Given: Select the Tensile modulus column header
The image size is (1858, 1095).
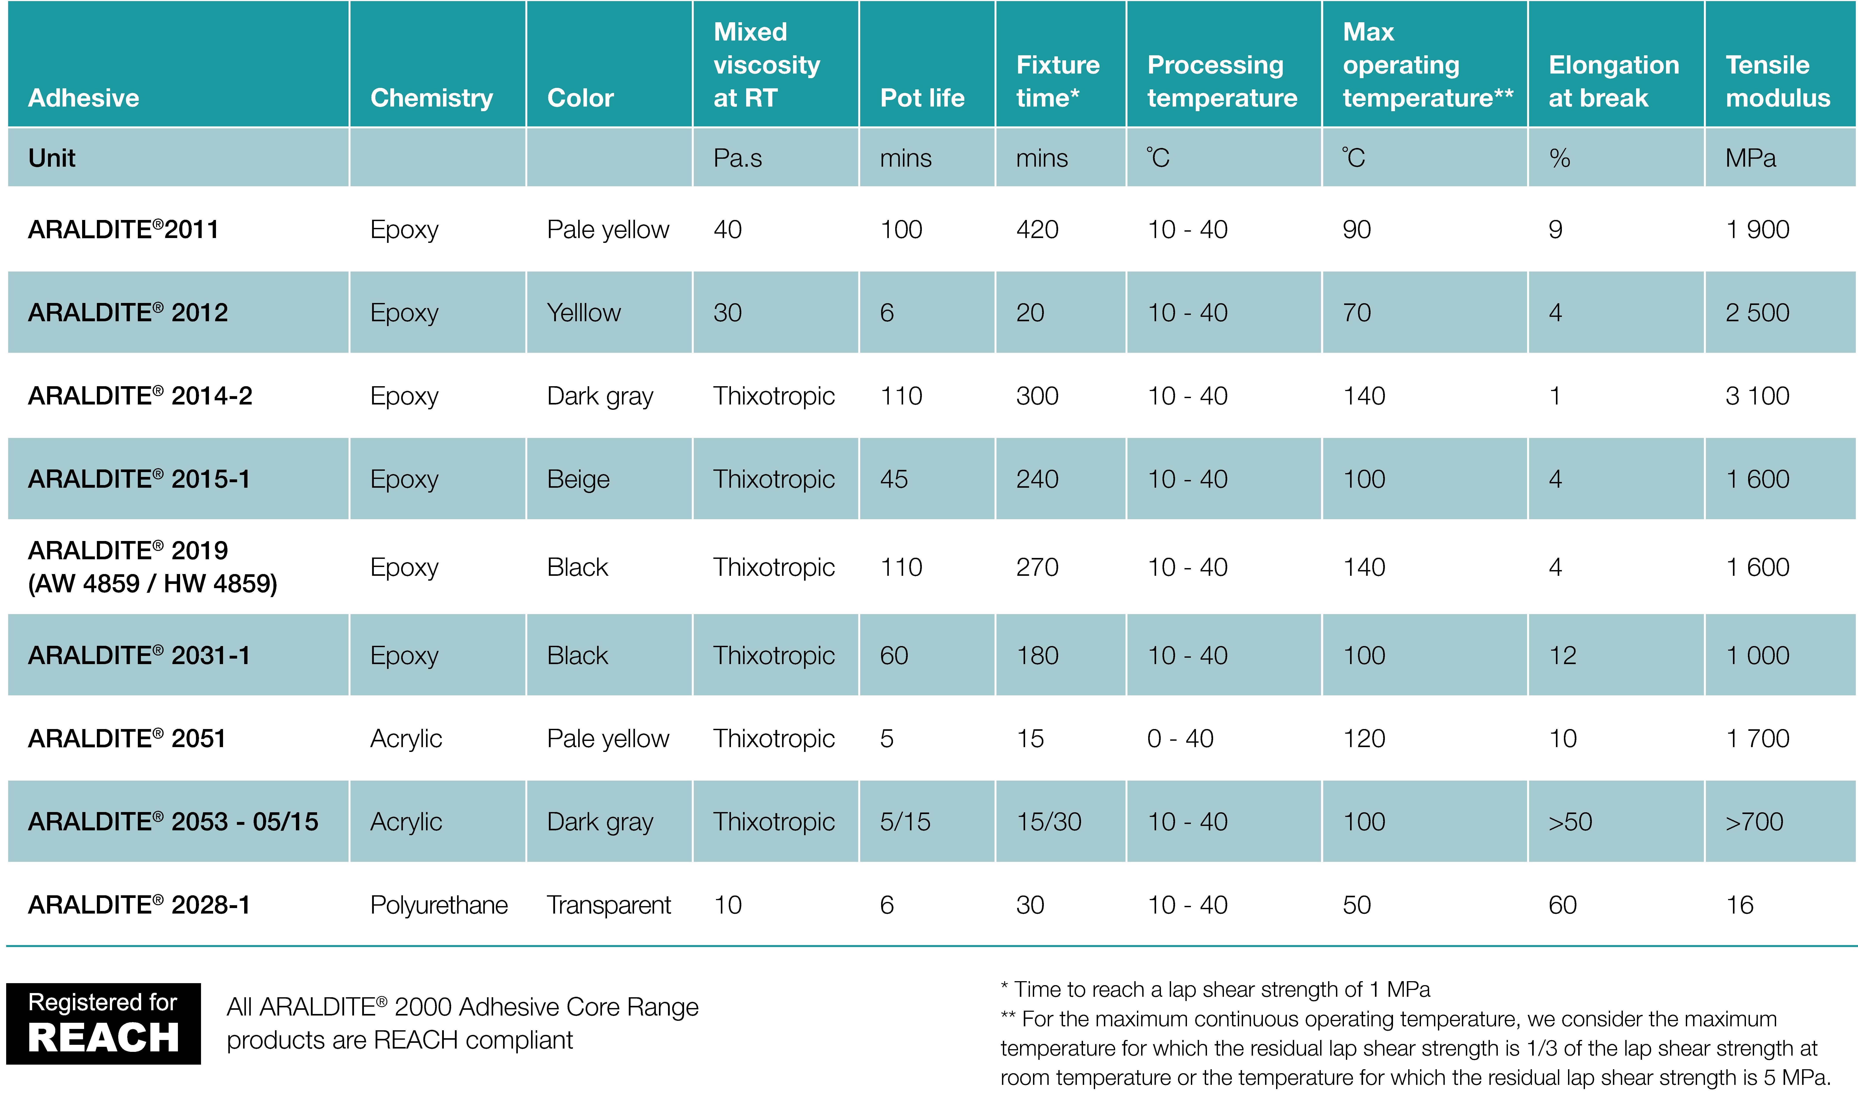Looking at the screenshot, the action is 1778,81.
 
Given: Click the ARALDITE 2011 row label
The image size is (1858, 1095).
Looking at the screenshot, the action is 123,229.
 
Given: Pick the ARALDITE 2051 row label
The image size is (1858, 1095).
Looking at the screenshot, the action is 127,739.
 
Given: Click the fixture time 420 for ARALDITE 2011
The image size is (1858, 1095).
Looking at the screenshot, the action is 1037,229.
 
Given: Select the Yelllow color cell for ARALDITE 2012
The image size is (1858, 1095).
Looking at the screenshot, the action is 583,313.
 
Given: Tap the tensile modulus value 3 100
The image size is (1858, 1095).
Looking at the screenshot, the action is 1757,396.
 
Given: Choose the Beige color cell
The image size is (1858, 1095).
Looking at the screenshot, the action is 578,480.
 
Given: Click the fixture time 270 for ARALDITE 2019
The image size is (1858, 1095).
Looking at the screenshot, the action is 1037,567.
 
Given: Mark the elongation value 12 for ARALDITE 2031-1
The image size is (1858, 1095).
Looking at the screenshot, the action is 1562,655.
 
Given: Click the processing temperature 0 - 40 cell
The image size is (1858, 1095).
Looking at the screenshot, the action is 1180,739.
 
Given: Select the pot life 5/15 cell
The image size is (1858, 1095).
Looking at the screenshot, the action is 905,822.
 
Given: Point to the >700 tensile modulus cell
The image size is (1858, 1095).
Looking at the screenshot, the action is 1754,822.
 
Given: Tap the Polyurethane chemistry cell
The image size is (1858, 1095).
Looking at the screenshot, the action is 439,905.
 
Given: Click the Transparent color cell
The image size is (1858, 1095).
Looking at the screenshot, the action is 609,905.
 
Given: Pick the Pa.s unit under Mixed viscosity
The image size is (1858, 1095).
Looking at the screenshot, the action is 738,158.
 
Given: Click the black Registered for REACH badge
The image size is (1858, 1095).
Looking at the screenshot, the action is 103,1023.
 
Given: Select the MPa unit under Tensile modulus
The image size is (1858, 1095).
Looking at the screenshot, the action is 1750,158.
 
